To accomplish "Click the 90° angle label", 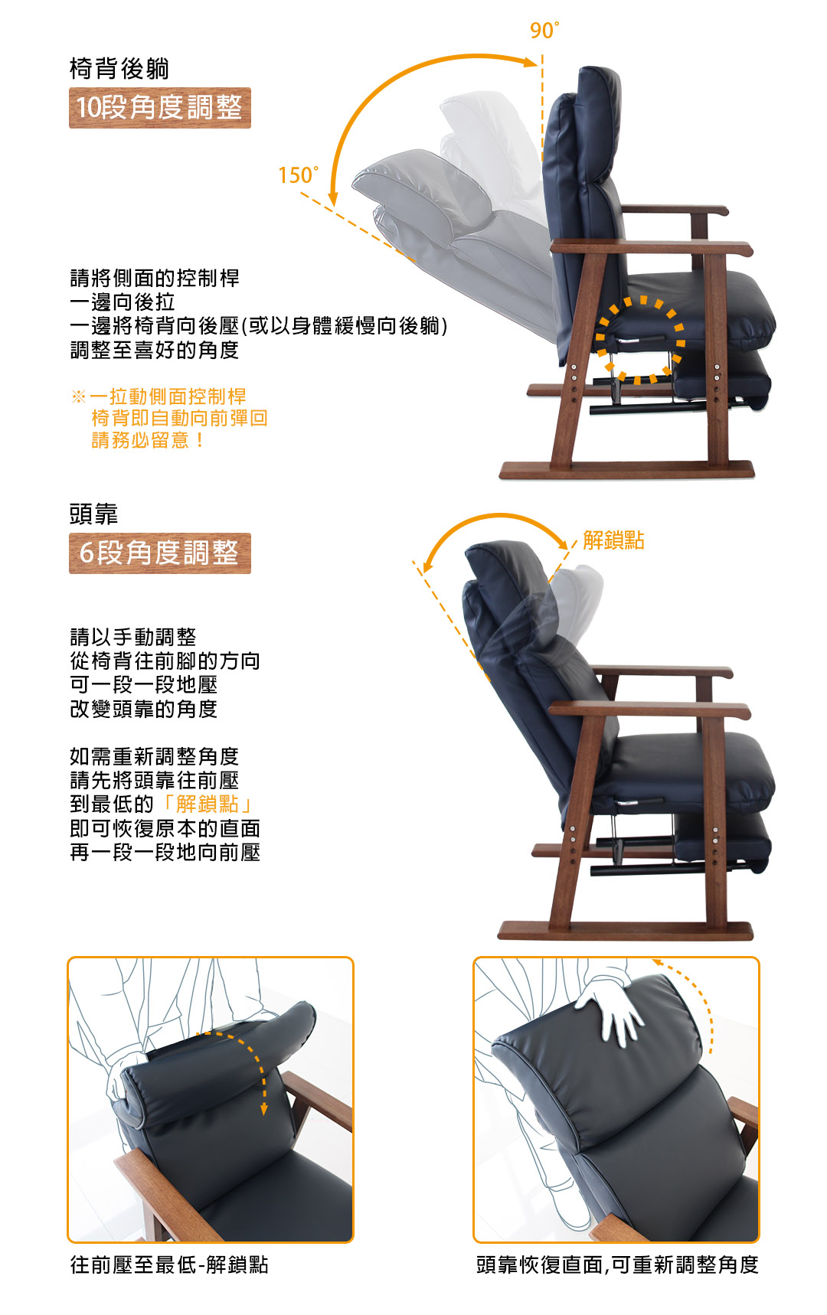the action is coord(544,31).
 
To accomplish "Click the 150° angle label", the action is coord(299,175).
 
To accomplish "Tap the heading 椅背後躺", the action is coord(119,69).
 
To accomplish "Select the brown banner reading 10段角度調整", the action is coord(160,108).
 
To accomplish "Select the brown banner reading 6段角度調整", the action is coord(160,553).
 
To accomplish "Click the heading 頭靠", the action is coord(93,514).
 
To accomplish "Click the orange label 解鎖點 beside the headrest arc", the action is coord(613,540).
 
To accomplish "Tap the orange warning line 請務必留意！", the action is coord(148,440).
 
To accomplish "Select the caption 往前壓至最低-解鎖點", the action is coord(169,1264).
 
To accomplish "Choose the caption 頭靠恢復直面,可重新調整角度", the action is coord(617,1264).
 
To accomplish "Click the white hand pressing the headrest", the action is coord(613,1009).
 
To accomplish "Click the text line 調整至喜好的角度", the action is coord(155,351).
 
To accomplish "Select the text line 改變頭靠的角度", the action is coord(144,710).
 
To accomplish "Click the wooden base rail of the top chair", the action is coord(627,469).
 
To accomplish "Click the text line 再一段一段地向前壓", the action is coord(165,853).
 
